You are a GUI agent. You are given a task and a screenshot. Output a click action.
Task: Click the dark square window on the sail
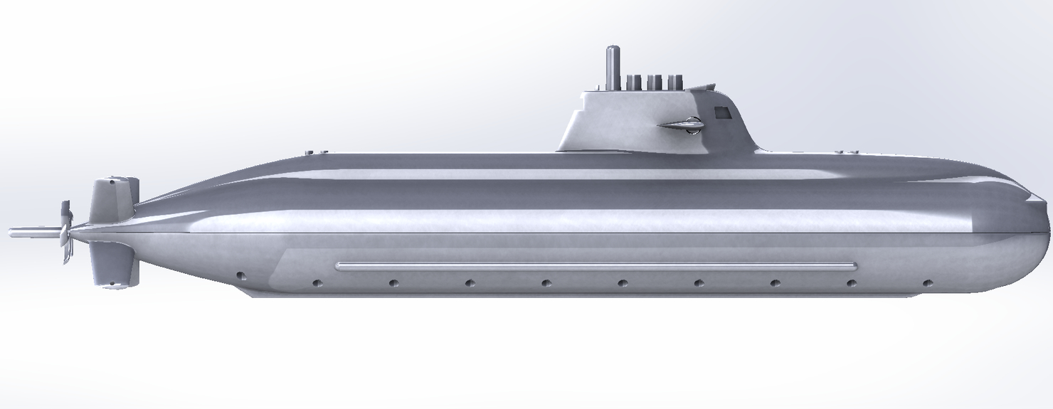[x=723, y=111]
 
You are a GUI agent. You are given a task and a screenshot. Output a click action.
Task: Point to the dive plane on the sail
[x=682, y=126]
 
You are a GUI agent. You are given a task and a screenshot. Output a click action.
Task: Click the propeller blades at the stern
[x=65, y=231]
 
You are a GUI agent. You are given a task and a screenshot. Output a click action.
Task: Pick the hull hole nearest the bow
[x=927, y=283]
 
